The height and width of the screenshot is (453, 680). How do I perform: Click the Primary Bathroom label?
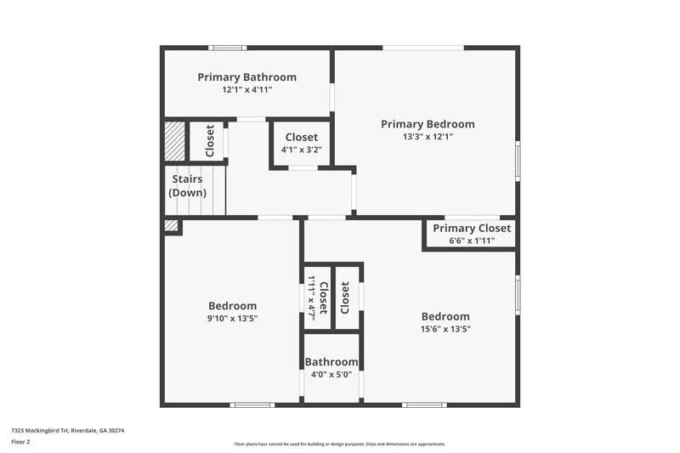tap(246, 77)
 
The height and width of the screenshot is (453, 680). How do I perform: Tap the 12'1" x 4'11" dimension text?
tap(246, 89)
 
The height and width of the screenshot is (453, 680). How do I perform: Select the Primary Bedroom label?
tap(427, 124)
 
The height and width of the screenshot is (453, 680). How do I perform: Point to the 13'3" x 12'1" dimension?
tap(427, 136)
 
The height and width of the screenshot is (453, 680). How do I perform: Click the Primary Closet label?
tap(472, 228)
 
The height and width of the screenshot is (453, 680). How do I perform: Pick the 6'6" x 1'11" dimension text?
tap(472, 241)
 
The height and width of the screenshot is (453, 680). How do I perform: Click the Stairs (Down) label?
tap(187, 185)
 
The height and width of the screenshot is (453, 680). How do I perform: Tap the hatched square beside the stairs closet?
tap(174, 139)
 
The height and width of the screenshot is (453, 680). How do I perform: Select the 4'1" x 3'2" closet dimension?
tap(301, 150)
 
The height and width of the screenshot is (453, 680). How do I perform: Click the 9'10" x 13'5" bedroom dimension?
tap(232, 319)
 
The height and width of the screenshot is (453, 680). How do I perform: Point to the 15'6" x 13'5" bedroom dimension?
tap(445, 329)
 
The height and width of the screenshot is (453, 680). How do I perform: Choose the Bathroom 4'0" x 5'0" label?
tap(331, 368)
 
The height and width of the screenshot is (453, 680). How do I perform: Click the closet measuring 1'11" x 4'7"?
tap(316, 297)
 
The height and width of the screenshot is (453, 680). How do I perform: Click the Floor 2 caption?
tap(20, 442)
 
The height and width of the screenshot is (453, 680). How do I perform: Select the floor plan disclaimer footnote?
tap(340, 444)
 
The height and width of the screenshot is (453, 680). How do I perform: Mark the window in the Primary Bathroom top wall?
tap(228, 48)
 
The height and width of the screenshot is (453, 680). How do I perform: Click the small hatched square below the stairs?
tap(172, 226)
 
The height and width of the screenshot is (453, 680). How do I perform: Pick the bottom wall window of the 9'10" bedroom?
tap(252, 405)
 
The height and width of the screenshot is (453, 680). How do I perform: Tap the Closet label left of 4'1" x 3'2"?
tap(209, 141)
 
